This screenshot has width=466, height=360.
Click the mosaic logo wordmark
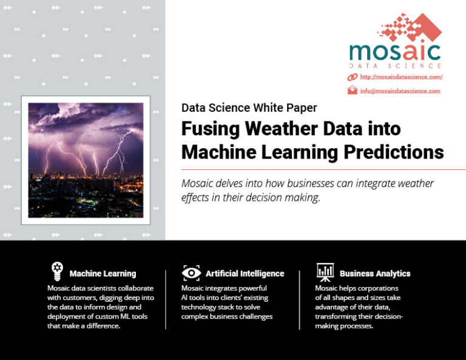tap(394, 51)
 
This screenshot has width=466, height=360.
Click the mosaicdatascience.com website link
tap(401, 77)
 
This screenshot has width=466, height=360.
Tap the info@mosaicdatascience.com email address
tap(400, 91)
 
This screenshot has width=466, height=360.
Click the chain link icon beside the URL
tap(352, 77)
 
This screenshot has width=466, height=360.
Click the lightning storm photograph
tap(86, 160)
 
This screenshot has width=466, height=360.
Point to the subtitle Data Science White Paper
tap(249, 108)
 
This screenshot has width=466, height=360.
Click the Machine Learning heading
tap(103, 274)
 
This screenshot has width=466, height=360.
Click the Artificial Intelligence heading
tap(245, 274)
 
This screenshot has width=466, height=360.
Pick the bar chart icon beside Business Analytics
tap(325, 271)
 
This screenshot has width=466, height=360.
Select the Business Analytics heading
tap(375, 274)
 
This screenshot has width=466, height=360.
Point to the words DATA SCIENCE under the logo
tap(395, 66)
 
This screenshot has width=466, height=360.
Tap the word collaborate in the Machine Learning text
tap(133, 288)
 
